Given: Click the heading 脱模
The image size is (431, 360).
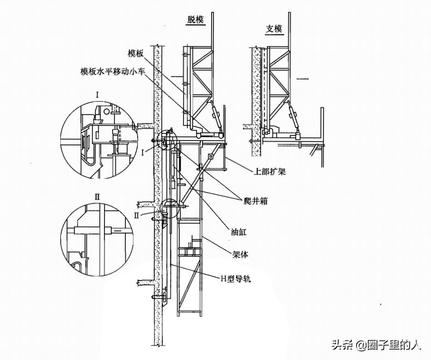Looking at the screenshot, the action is click(x=196, y=20).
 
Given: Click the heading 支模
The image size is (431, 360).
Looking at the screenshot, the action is click(x=274, y=29).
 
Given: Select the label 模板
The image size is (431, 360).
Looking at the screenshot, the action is click(x=136, y=53).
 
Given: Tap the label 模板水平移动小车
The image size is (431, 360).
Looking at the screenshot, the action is click(x=113, y=71).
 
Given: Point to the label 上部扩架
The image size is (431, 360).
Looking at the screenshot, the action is click(x=269, y=171).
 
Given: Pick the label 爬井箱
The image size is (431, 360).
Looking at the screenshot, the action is click(x=256, y=201).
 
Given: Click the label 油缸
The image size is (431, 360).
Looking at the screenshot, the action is click(x=238, y=232).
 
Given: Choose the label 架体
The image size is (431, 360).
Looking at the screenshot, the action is click(x=240, y=255).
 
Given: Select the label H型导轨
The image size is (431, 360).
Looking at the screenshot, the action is click(x=236, y=279).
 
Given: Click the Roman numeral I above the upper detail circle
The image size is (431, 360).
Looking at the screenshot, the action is click(x=97, y=95).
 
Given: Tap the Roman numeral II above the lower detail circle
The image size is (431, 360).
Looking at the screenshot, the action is click(x=97, y=197).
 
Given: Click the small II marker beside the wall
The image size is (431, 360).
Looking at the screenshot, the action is click(x=137, y=215).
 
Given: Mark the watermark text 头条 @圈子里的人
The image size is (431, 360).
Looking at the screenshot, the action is click(x=376, y=345).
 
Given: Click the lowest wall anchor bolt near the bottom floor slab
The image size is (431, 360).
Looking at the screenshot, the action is click(x=158, y=296).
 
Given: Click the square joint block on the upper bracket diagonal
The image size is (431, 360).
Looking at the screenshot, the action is click(x=210, y=156).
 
